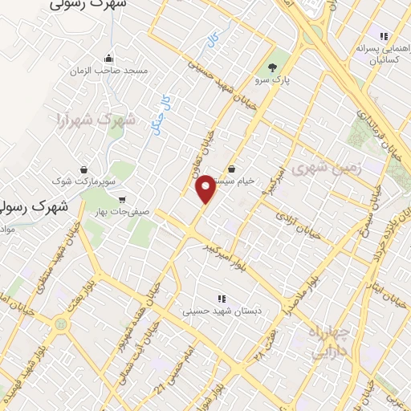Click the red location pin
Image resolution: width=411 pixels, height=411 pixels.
[206, 189]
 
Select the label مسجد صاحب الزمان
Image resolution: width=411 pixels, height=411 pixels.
[110, 71]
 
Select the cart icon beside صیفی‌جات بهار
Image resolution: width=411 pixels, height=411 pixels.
[121, 198]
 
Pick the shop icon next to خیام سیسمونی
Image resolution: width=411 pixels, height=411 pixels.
[233, 169]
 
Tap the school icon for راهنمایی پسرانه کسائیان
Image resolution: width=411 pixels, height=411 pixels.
[383, 36]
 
